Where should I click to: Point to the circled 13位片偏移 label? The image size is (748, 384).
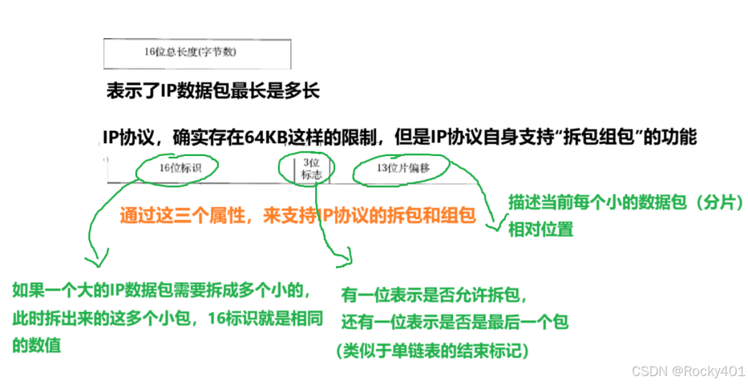point(403,168)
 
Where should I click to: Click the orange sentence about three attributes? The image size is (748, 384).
point(298,214)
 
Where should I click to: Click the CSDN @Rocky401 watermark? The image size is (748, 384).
point(687,370)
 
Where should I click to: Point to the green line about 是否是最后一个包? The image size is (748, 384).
point(455,322)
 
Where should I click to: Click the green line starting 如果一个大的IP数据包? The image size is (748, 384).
point(162,291)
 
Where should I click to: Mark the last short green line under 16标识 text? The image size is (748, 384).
point(37,346)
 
